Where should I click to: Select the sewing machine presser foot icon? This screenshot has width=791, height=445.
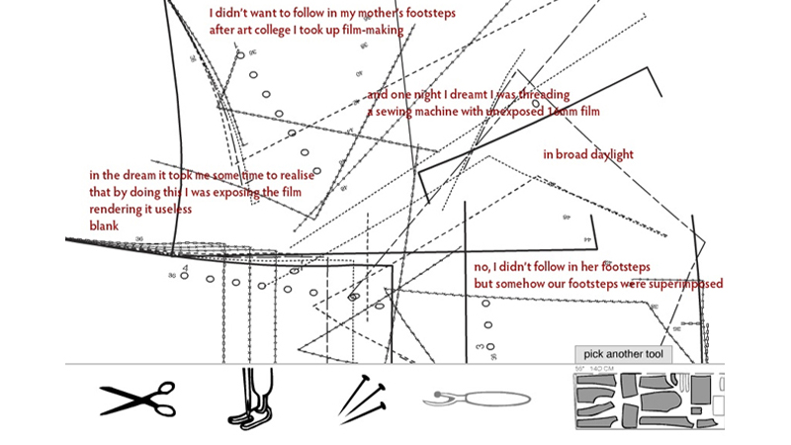(x=256, y=399)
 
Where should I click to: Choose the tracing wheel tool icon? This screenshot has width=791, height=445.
(x=475, y=399)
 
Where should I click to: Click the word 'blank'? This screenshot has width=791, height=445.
(x=104, y=226)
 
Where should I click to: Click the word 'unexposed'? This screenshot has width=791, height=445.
(x=513, y=113)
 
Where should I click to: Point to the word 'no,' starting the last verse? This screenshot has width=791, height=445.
(x=483, y=267)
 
